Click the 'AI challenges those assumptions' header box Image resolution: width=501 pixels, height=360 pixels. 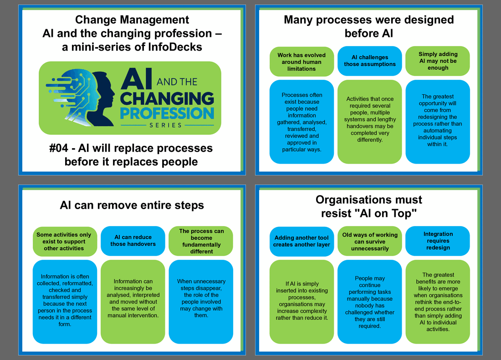(x=370, y=61)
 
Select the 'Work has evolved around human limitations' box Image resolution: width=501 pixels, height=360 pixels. (x=302, y=62)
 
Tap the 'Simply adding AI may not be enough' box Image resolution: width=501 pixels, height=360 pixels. (x=438, y=61)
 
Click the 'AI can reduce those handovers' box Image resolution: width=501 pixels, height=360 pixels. (x=133, y=241)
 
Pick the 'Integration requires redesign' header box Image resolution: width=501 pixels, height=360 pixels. (x=438, y=241)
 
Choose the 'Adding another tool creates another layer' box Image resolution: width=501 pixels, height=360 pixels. (x=302, y=242)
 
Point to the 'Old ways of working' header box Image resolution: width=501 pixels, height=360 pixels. (x=370, y=242)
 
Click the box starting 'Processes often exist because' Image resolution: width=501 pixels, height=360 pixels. (x=302, y=122)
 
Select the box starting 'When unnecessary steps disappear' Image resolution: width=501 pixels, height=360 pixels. (x=201, y=302)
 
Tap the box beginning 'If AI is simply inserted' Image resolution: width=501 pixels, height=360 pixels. (x=302, y=302)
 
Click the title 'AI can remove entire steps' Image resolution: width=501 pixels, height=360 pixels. (x=132, y=205)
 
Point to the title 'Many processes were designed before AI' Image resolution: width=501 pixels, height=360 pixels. (x=369, y=26)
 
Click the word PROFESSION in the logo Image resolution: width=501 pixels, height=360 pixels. (x=167, y=113)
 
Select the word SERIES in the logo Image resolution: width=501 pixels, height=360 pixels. (x=165, y=125)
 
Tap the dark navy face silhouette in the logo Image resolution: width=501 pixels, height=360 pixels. (x=102, y=98)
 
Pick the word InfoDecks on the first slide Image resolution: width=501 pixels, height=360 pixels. (x=175, y=47)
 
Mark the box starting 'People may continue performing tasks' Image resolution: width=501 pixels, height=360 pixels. (x=370, y=302)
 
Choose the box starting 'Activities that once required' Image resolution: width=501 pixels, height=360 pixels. (x=370, y=122)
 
